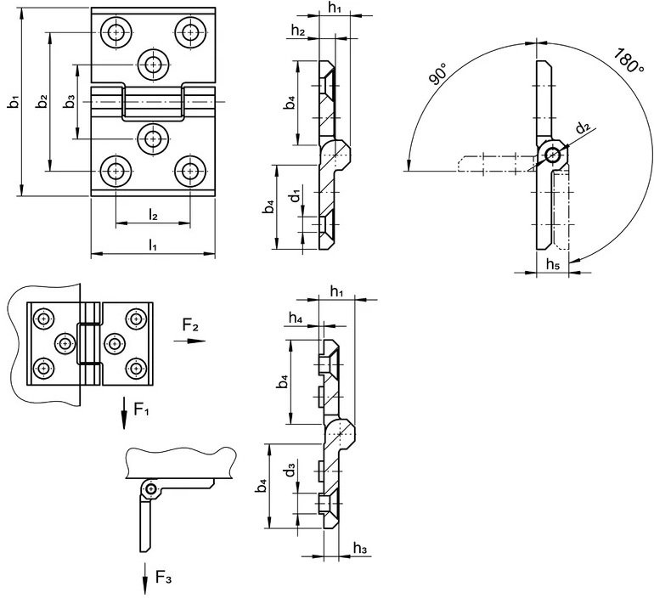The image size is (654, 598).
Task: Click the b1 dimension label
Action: [14, 102]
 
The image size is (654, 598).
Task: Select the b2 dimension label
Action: [42, 102]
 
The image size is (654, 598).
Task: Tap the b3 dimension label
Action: [70, 102]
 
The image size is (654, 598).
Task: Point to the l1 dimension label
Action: [153, 245]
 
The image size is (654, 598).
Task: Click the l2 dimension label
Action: [153, 215]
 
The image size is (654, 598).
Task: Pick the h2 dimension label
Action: [298, 31]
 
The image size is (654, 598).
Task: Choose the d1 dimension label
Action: [296, 195]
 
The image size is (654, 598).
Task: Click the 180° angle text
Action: [629, 61]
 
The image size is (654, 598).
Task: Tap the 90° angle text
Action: [437, 74]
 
